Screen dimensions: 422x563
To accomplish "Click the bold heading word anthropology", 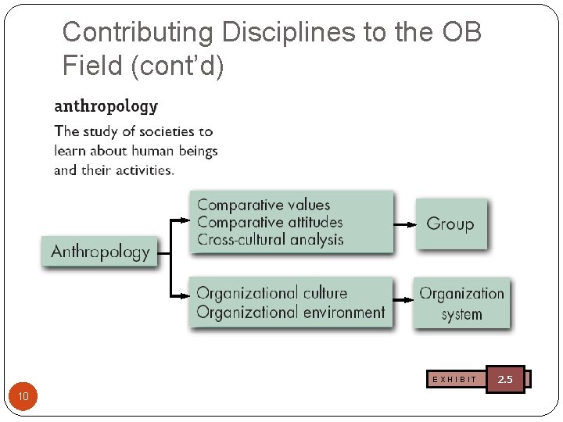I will click(106, 106).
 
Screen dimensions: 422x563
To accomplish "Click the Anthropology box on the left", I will click(99, 252).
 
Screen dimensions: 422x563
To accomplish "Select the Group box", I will click(450, 224).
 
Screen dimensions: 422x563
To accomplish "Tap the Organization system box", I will click(461, 303).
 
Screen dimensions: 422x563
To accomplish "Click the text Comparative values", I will click(264, 205).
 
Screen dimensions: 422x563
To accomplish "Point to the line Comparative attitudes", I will click(270, 222).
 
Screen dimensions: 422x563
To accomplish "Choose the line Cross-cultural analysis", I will click(270, 239).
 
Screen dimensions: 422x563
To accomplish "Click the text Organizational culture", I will click(271, 293).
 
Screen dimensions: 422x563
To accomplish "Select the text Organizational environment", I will click(290, 313).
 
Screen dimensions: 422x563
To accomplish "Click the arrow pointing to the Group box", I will click(404, 224).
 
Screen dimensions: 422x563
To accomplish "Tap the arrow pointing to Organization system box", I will click(403, 299).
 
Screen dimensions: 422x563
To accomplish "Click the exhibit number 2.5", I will click(505, 379).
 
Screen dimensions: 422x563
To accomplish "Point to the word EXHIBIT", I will click(454, 380).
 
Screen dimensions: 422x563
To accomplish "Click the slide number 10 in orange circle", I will click(23, 397).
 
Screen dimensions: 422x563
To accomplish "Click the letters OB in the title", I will click(461, 33).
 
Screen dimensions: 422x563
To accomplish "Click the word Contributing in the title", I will click(138, 33).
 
